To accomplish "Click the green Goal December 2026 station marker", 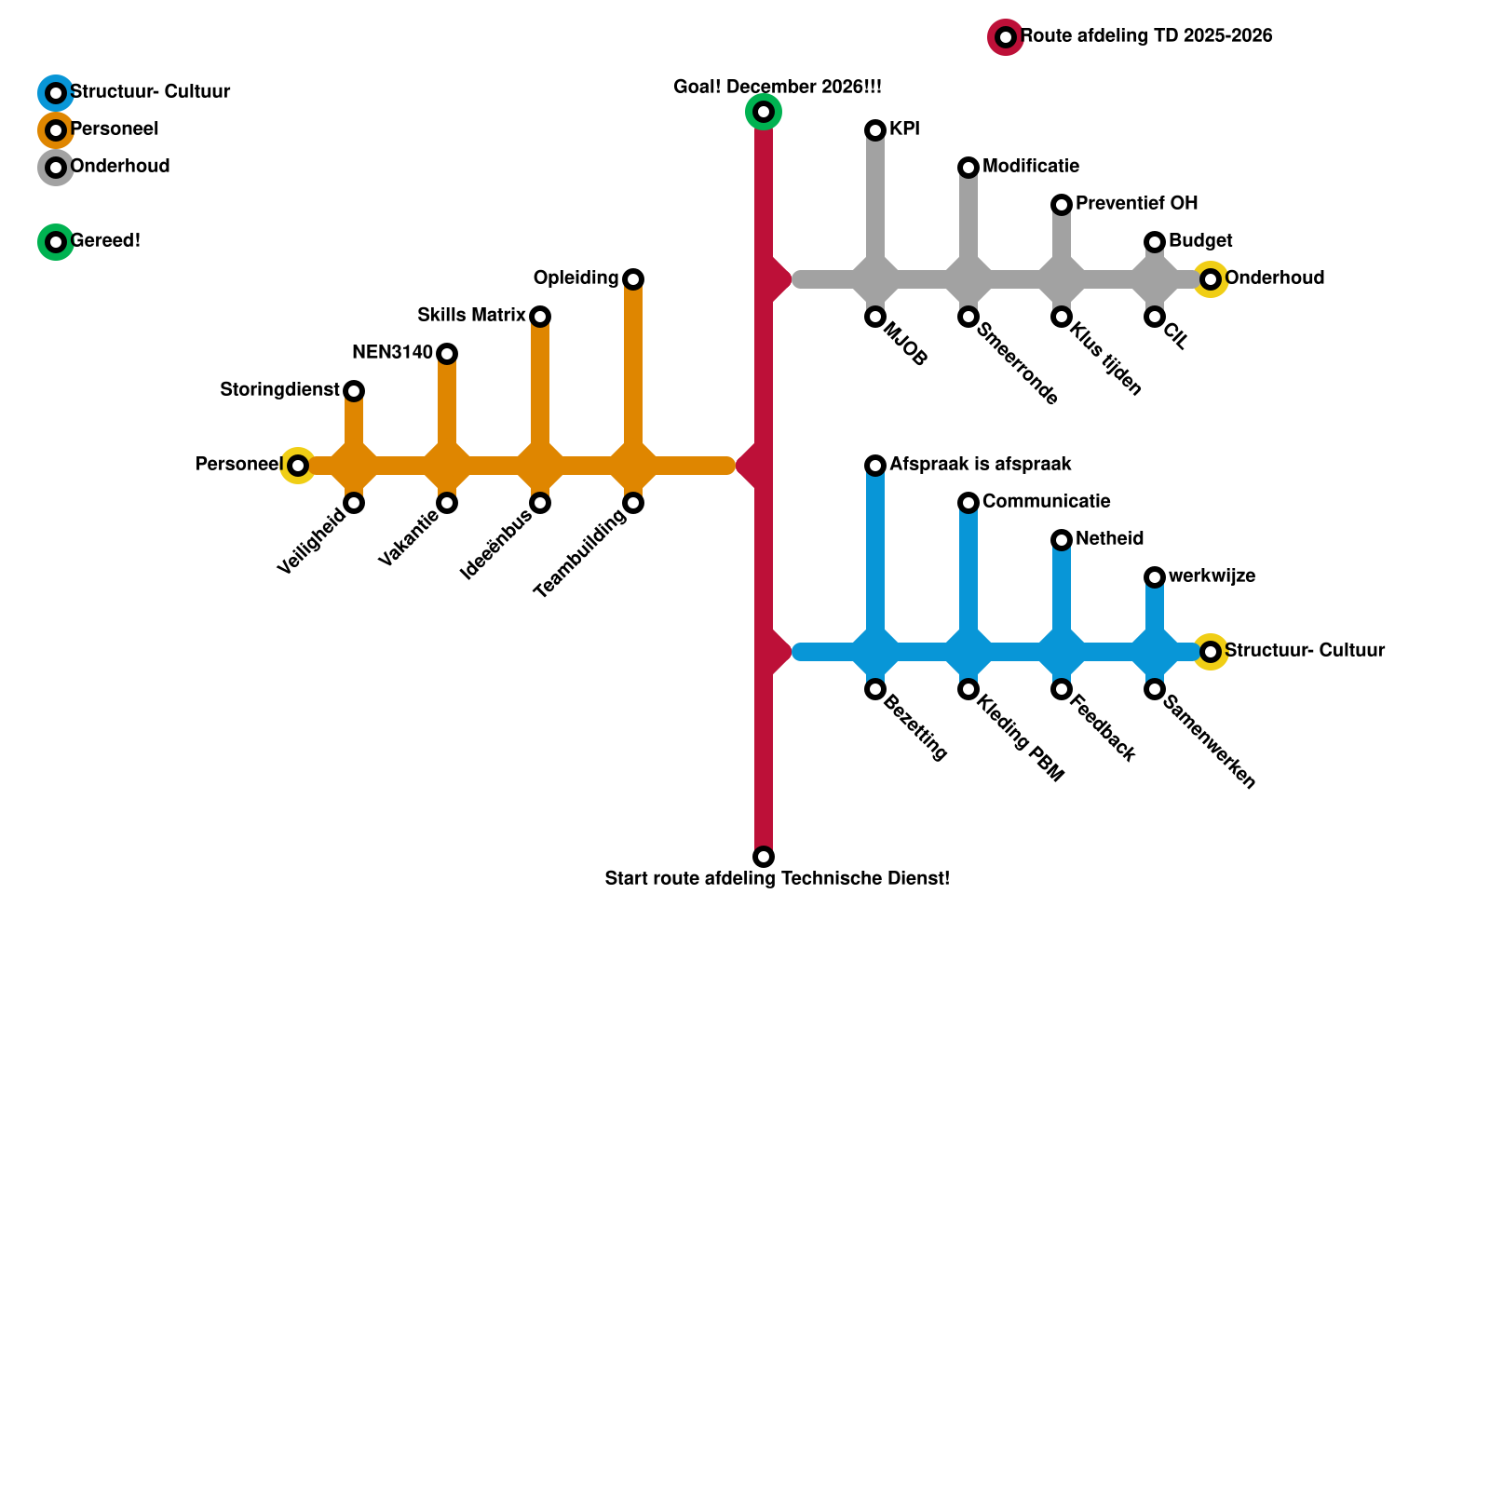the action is click(x=764, y=112).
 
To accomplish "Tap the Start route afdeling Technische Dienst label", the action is click(x=777, y=878).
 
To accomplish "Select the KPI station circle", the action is click(x=875, y=130).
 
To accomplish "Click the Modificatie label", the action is click(x=1031, y=167).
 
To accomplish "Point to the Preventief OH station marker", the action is click(x=1062, y=205).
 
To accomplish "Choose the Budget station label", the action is click(x=1200, y=241).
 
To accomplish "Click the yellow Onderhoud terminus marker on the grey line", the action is click(x=1211, y=279).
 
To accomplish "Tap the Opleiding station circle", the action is click(x=633, y=279).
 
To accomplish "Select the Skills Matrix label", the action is click(x=471, y=316).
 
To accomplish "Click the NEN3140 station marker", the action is click(x=447, y=354).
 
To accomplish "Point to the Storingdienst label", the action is click(x=279, y=390).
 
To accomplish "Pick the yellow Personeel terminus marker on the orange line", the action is click(x=298, y=466).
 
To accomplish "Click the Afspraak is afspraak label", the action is click(x=981, y=465).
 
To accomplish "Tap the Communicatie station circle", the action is click(x=968, y=503).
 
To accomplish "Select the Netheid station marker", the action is click(x=1062, y=540).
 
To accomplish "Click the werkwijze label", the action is click(x=1212, y=576).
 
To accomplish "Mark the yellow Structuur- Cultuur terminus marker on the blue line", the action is click(x=1211, y=652).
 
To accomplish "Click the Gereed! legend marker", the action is click(x=56, y=242).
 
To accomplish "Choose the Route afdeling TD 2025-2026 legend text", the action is click(x=1146, y=36).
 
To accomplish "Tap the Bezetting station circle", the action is click(x=875, y=689).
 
